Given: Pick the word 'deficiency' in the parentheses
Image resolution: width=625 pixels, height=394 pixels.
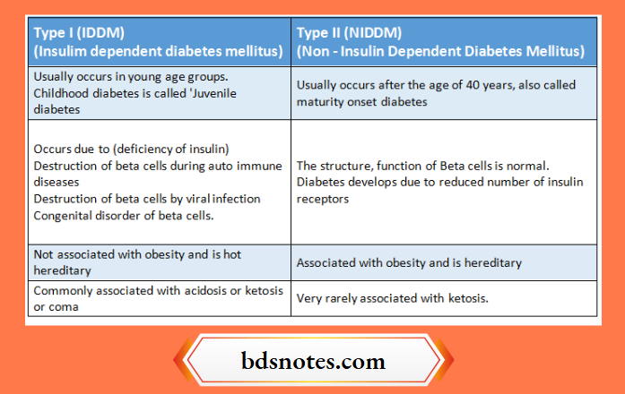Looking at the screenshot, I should pyautogui.click(x=141, y=149).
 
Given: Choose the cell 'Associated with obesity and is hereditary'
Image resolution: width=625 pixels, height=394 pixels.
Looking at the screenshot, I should pyautogui.click(x=409, y=263).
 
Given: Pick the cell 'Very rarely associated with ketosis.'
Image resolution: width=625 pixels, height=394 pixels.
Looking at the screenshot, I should pyautogui.click(x=392, y=298).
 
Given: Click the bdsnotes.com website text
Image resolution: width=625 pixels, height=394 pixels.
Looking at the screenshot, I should pyautogui.click(x=312, y=363).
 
